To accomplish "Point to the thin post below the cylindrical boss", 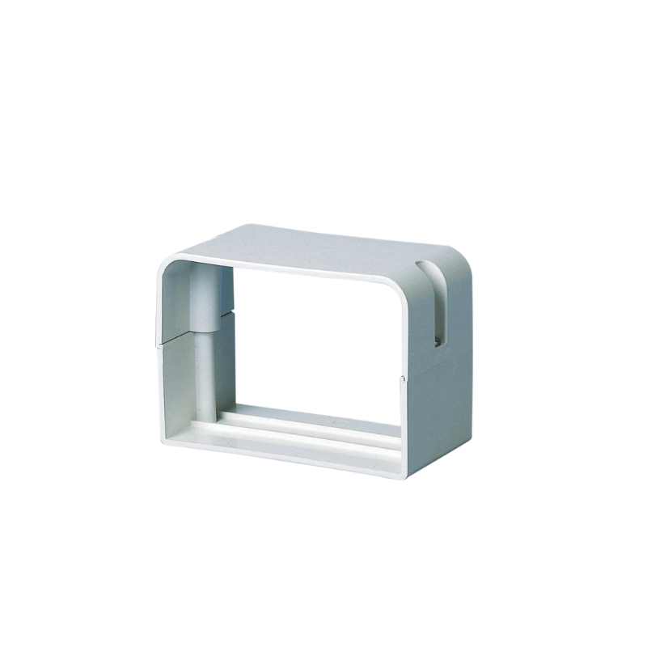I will tap(205, 380).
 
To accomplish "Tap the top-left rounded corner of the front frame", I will tap(165, 265).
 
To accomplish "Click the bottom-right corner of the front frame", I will tap(402, 474).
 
